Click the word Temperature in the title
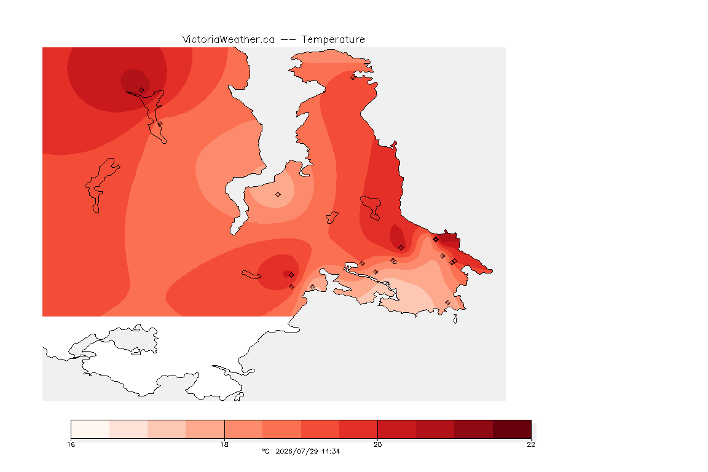click(333, 40)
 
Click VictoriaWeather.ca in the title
click(229, 40)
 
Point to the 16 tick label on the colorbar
click(71, 444)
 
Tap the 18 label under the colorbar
click(224, 444)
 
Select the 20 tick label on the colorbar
click(377, 444)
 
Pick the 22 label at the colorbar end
click(531, 444)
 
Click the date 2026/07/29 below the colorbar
click(297, 451)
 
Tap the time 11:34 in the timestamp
click(331, 451)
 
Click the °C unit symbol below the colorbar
click(265, 451)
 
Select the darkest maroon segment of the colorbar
click(512, 429)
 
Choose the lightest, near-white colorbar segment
click(90, 429)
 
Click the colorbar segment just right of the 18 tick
click(243, 429)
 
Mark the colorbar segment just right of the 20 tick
click(397, 429)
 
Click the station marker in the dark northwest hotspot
click(142, 90)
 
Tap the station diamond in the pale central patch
click(278, 195)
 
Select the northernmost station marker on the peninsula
click(353, 77)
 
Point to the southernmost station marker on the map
click(447, 302)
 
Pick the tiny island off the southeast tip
click(455, 319)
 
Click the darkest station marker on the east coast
click(436, 240)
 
